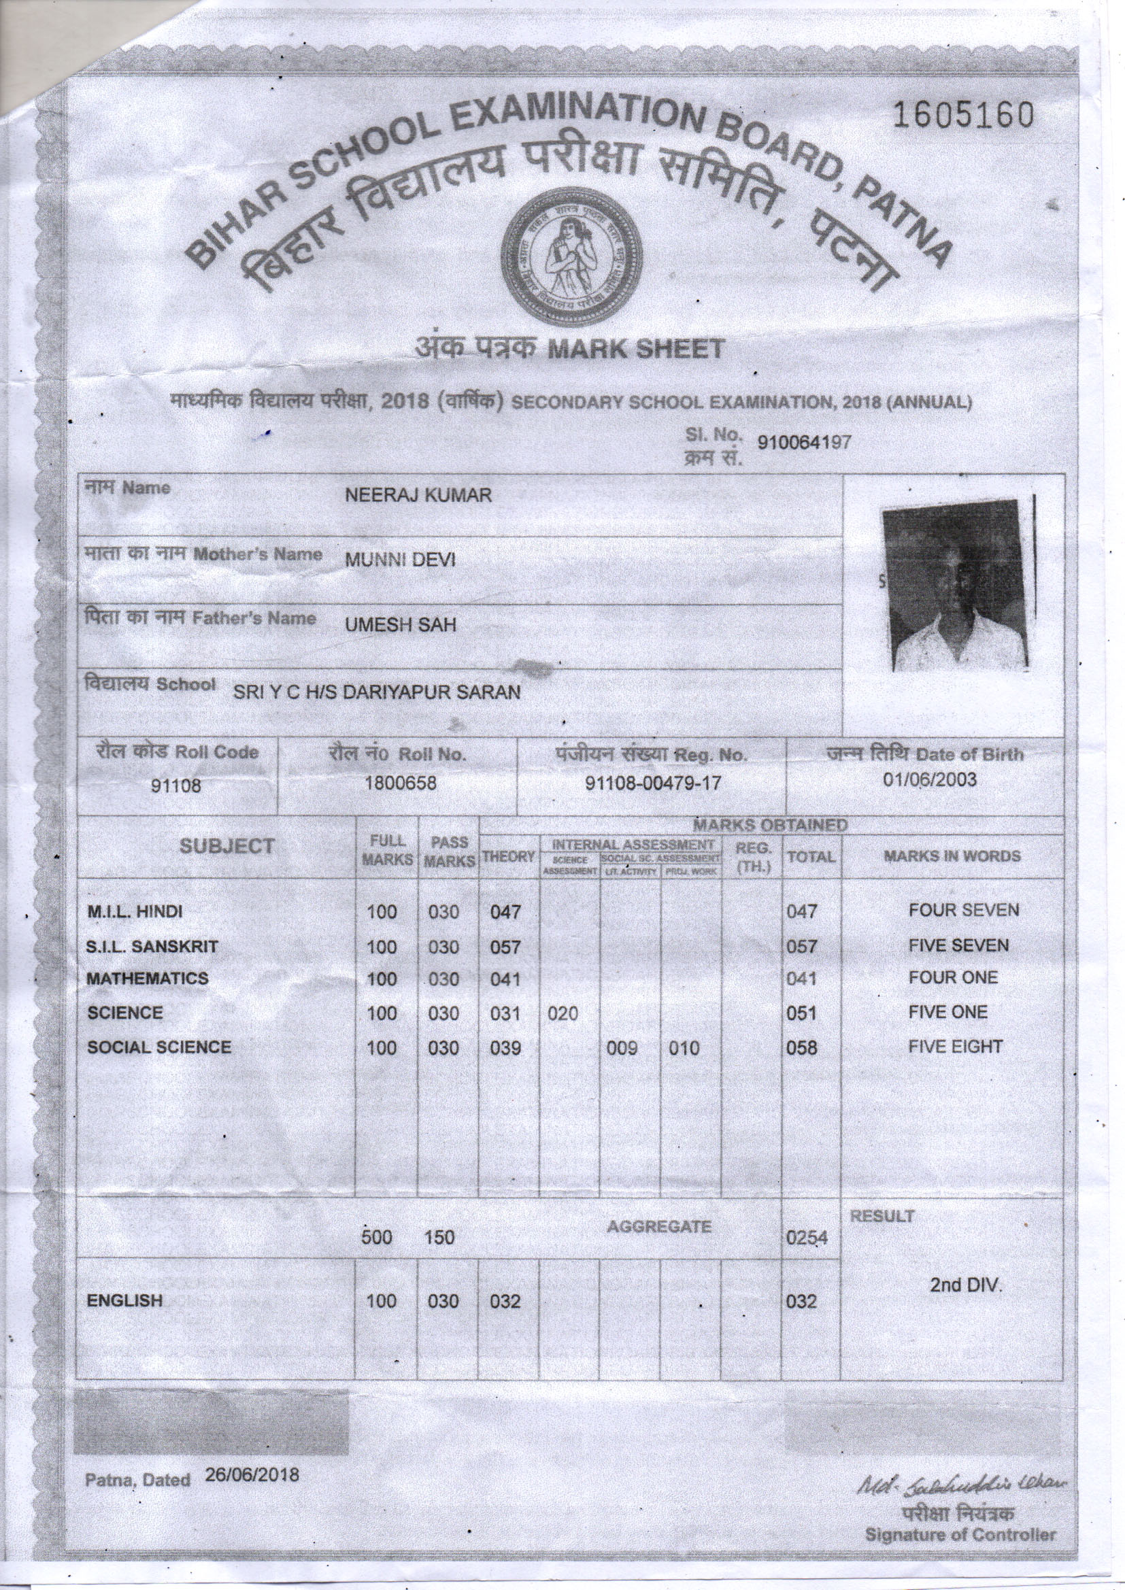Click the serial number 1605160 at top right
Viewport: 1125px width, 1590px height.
(x=963, y=116)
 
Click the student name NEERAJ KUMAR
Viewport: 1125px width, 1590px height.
(x=418, y=495)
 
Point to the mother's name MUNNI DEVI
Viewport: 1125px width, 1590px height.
(x=401, y=560)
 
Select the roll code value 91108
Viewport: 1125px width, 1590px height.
(x=178, y=785)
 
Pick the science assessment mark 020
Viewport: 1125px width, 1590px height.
(x=562, y=1014)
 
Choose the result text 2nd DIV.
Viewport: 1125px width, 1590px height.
(x=965, y=1285)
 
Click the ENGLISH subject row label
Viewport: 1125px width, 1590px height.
(x=124, y=1300)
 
